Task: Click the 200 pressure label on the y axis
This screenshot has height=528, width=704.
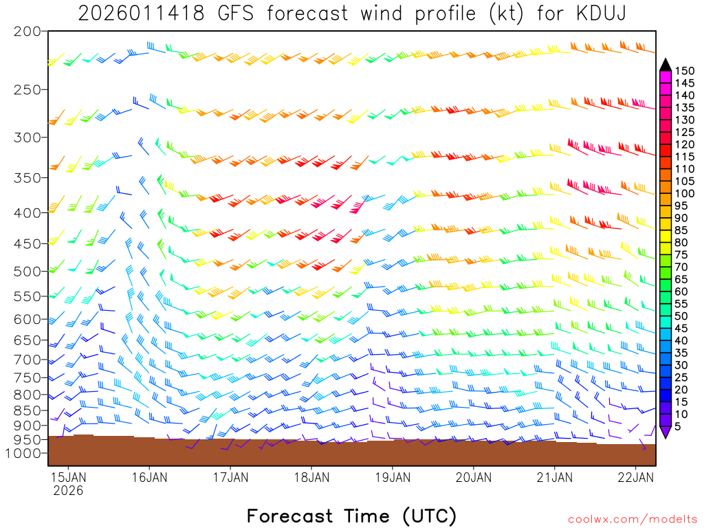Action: [27, 32]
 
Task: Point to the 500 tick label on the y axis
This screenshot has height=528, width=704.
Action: [27, 271]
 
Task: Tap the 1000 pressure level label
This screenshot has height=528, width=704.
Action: [23, 454]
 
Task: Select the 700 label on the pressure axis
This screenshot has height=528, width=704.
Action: [27, 360]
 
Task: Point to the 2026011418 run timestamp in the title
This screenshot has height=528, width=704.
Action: [141, 14]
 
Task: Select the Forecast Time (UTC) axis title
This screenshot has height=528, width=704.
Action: [351, 516]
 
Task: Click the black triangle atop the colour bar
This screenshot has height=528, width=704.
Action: [665, 65]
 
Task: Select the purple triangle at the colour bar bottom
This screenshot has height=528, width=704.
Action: [665, 432]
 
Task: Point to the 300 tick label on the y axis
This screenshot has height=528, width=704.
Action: [27, 137]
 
